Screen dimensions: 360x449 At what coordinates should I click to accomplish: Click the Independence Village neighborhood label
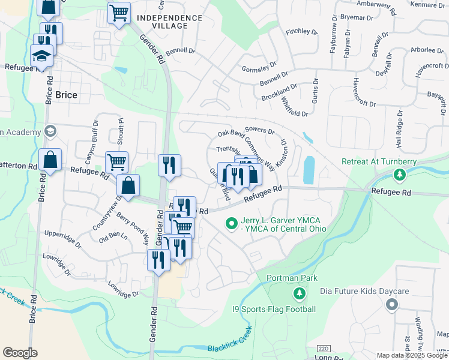coord(169,22)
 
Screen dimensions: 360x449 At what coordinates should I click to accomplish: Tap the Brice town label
coord(65,95)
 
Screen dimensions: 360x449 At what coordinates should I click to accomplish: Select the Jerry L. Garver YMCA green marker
coord(231,223)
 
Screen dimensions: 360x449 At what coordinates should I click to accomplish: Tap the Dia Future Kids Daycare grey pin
coord(392,305)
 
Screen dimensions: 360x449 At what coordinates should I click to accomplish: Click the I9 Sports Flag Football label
coord(274,310)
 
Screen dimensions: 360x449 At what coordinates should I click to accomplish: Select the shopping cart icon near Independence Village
coord(119,12)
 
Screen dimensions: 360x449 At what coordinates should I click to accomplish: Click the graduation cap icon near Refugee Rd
coord(42,56)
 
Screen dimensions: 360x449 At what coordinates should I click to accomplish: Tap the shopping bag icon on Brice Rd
coord(50,160)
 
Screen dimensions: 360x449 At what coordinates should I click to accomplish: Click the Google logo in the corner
coord(20,352)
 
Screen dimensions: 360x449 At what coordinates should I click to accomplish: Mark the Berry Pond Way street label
coord(133,229)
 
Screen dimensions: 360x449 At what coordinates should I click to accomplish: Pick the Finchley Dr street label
coord(301,31)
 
